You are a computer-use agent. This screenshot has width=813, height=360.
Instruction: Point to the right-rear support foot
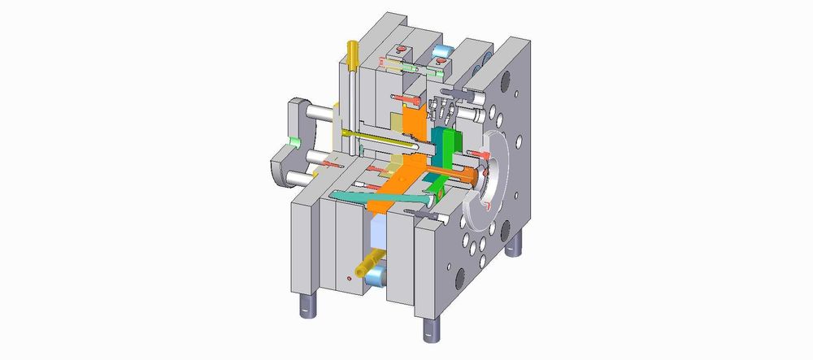(x=513, y=245)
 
